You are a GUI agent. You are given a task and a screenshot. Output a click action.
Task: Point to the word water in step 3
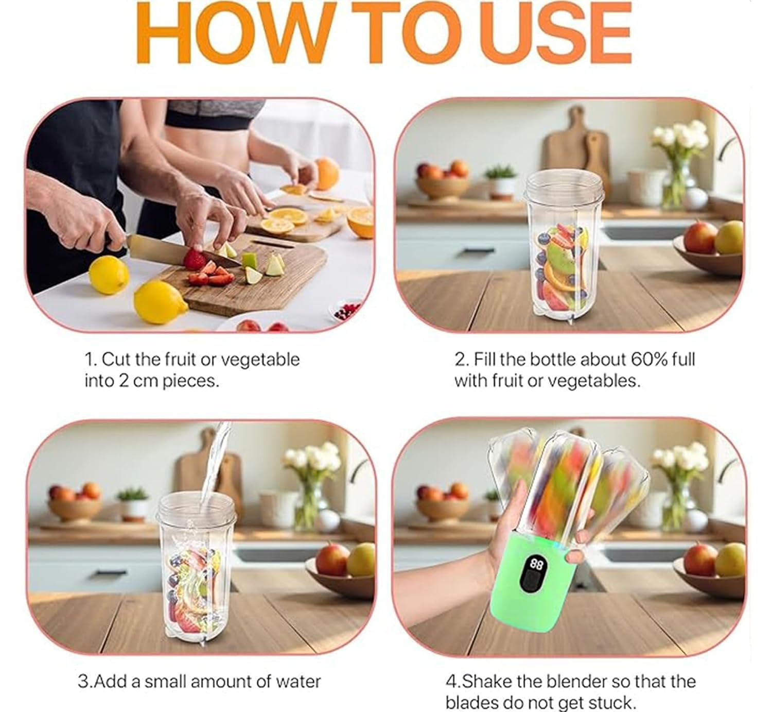(299, 682)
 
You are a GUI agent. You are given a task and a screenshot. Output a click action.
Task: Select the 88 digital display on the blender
(536, 565)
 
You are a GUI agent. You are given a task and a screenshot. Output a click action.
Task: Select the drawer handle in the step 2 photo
(479, 251)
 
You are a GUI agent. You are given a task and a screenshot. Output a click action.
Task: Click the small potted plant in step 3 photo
(133, 503)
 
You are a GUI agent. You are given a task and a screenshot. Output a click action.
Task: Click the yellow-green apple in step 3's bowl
(361, 560)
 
